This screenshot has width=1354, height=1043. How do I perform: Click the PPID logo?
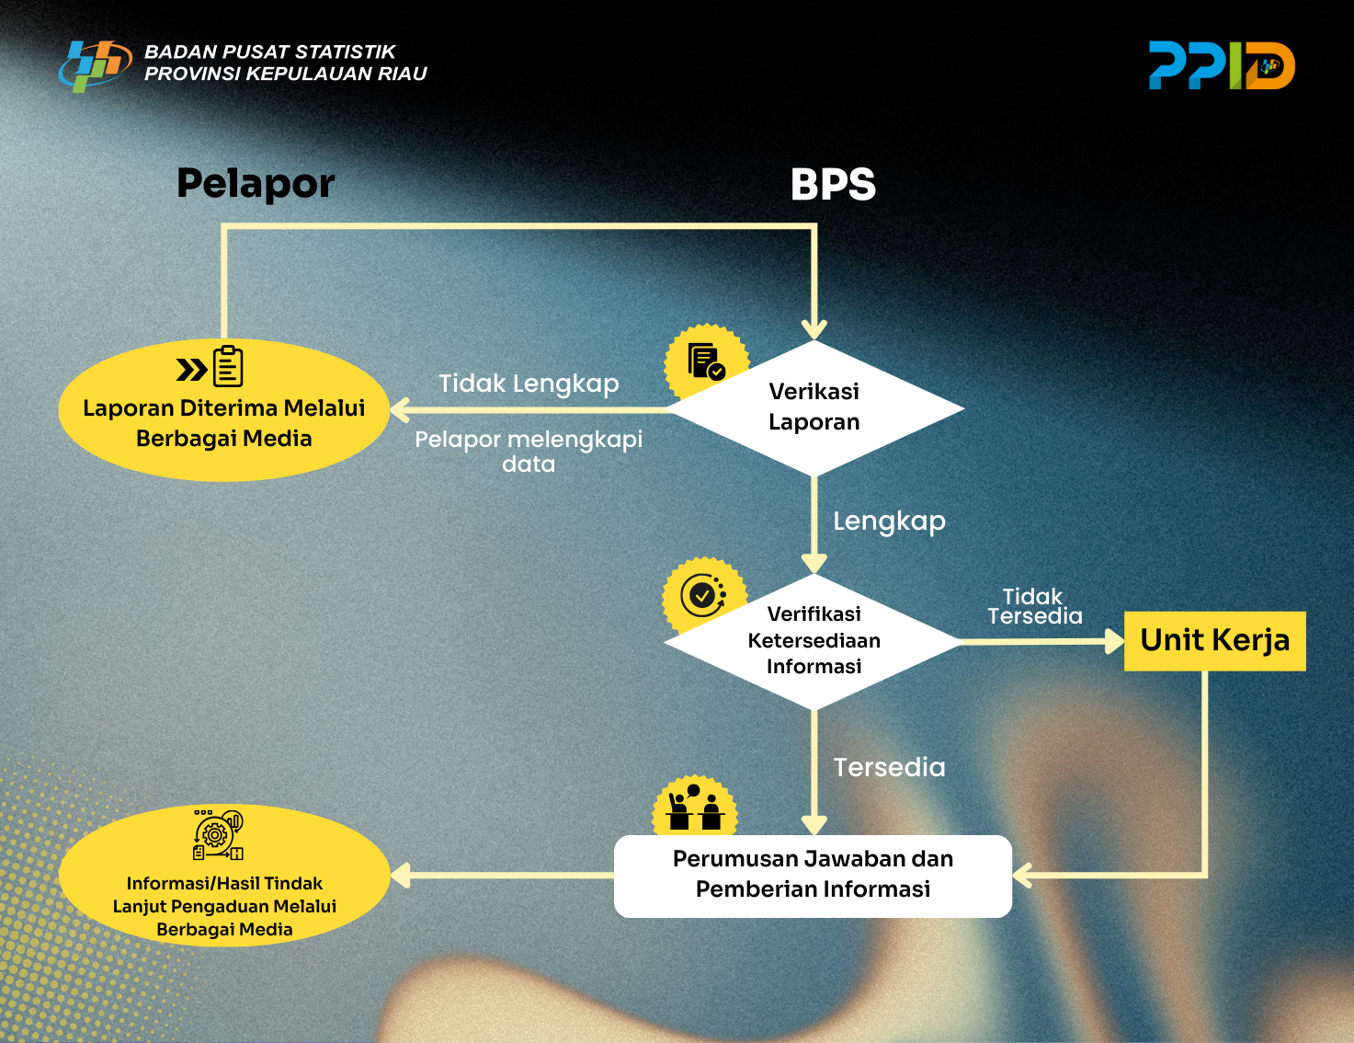[x=1221, y=65]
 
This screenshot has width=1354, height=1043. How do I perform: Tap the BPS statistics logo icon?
[x=94, y=65]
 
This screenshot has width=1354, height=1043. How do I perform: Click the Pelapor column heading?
[x=256, y=184]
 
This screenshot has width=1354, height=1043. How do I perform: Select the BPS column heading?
[x=833, y=185]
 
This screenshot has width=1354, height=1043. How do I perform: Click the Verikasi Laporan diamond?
[x=814, y=407]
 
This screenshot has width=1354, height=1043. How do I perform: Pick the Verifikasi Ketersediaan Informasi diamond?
[x=814, y=640]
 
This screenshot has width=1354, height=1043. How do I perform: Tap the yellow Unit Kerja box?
[x=1214, y=640]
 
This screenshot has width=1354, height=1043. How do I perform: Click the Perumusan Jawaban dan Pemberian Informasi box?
[x=813, y=875]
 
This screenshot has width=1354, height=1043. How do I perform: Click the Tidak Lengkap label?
[x=529, y=384]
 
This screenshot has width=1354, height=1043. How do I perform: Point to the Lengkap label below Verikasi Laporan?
[x=889, y=521]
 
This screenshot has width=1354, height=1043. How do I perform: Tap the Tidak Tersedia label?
[x=1034, y=606]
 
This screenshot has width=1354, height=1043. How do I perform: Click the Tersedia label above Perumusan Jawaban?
[x=889, y=767]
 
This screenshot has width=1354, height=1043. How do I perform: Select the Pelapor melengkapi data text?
[x=529, y=451]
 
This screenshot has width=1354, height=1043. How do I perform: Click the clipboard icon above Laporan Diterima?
[x=228, y=367]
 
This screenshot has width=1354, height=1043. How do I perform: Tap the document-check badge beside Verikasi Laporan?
[x=705, y=361]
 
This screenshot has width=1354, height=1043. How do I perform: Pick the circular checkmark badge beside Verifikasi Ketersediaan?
[x=703, y=595]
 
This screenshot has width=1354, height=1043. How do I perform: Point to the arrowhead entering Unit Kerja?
[x=1114, y=641]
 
